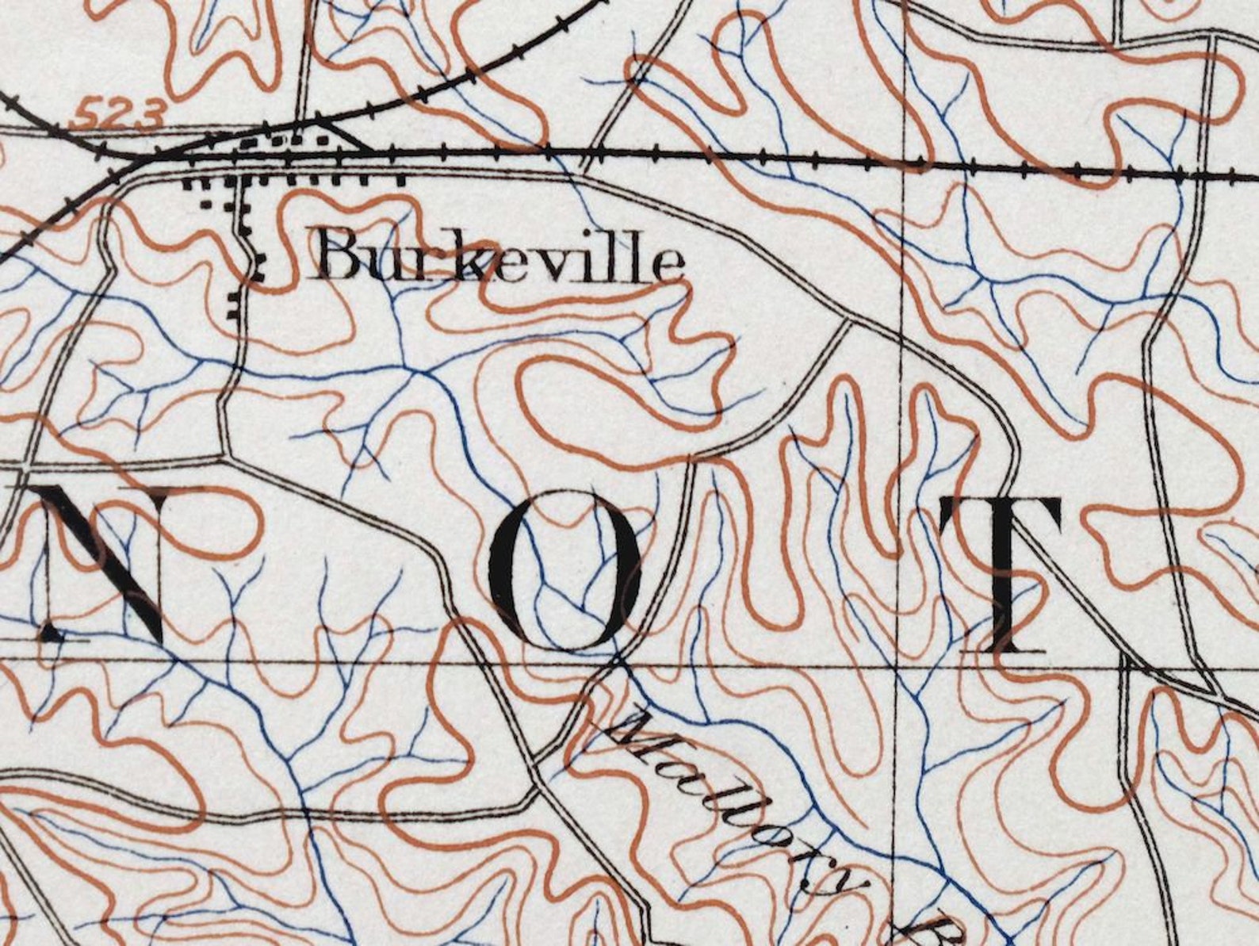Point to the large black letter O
564,569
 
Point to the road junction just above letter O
691,458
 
